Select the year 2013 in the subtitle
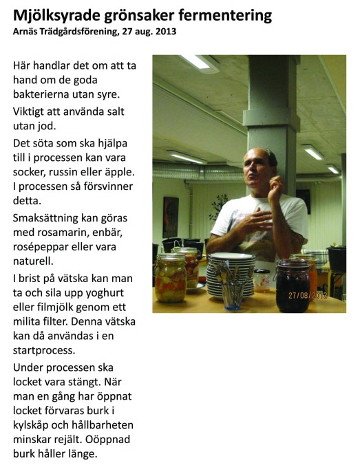165,31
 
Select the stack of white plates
232,272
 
